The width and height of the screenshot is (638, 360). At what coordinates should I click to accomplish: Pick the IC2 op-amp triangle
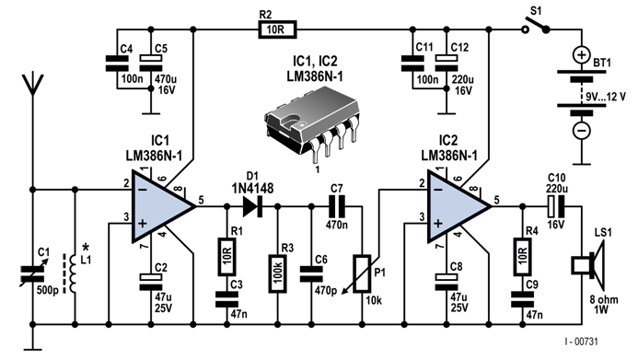click(458, 210)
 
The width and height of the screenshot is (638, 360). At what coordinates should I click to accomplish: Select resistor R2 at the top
click(274, 29)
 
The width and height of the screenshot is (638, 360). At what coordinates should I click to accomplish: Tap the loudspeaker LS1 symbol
click(580, 268)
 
